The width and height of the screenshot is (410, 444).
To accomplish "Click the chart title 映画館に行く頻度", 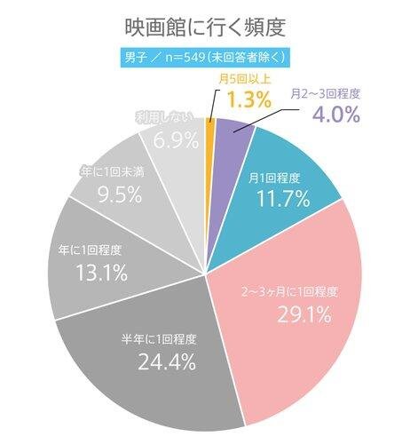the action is click(205, 28).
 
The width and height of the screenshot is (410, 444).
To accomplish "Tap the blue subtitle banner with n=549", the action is click(205, 58).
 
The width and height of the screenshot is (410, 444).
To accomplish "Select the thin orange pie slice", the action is click(209, 193).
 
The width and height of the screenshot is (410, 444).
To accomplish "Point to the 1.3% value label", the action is click(249, 99).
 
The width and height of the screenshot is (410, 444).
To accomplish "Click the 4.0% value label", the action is click(336, 115).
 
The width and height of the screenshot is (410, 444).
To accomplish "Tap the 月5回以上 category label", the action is click(244, 79).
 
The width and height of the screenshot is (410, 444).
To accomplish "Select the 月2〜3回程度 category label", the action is click(325, 94).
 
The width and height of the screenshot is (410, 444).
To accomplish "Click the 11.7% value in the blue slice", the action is click(283, 198).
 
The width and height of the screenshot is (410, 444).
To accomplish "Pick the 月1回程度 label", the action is click(274, 178).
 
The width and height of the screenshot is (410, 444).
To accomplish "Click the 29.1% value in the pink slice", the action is click(304, 314).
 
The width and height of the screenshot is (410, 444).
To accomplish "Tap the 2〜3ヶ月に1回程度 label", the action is click(290, 293).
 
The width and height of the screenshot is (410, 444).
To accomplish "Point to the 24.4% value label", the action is click(167, 362).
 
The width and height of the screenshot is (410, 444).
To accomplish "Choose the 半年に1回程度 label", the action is click(159, 340).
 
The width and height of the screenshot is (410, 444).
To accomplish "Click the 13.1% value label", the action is click(102, 273).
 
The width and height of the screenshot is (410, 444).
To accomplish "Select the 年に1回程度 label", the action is click(90, 250).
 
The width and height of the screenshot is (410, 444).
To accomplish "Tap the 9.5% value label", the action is click(120, 194).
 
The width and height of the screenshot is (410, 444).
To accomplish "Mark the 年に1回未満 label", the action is click(112, 172).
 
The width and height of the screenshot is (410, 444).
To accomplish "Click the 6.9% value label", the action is click(176, 140).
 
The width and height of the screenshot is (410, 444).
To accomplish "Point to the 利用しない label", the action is click(163, 118).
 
